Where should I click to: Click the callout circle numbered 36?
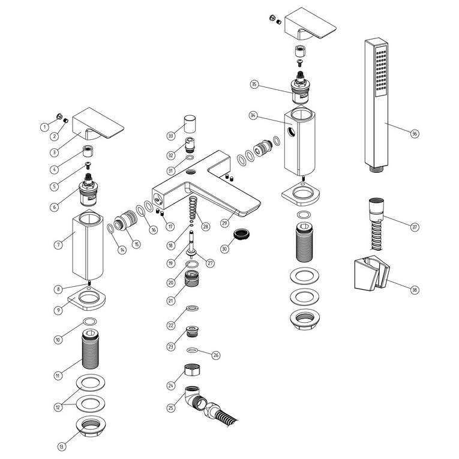click(x=415, y=133)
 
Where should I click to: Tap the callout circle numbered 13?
click(x=61, y=446)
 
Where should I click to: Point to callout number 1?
click(x=44, y=127)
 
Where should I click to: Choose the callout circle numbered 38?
click(x=415, y=290)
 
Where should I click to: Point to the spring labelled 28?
click(x=193, y=208)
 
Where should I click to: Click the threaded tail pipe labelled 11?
click(x=90, y=350)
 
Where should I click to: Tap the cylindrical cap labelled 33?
click(x=191, y=124)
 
